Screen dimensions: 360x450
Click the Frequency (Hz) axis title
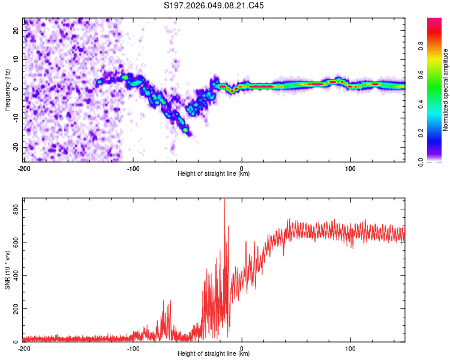click(x=7, y=89)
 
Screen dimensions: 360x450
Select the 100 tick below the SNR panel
click(x=350, y=349)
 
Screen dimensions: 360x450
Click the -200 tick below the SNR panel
click(x=24, y=349)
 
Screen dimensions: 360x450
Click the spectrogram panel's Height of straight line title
click(x=214, y=174)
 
